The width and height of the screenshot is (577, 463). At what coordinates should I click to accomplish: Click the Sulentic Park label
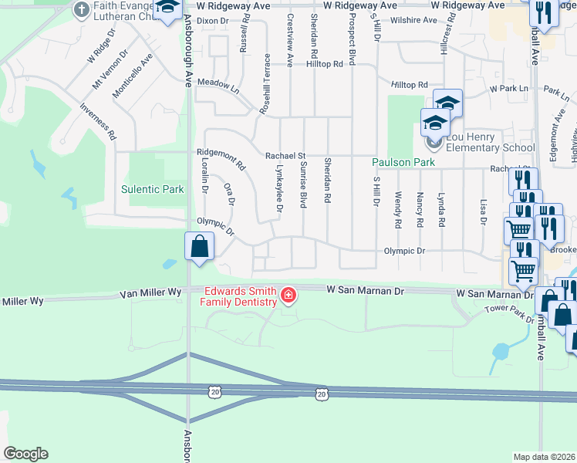(152, 189)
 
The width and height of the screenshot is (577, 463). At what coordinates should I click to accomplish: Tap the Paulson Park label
(403, 162)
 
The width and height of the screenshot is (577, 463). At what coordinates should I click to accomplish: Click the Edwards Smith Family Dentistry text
(238, 296)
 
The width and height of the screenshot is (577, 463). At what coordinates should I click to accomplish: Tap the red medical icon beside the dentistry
(288, 294)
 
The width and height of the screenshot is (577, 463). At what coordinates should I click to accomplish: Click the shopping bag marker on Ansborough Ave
(200, 248)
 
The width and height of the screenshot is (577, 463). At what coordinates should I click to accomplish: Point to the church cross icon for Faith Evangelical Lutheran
(81, 10)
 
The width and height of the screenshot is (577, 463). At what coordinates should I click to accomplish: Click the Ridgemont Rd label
(221, 160)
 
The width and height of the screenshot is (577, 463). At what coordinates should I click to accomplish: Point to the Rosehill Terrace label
(265, 85)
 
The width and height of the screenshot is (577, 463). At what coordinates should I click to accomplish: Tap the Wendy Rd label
(398, 210)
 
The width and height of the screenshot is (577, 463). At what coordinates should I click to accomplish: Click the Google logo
(25, 454)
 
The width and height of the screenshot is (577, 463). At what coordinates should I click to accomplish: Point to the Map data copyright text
(544, 457)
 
